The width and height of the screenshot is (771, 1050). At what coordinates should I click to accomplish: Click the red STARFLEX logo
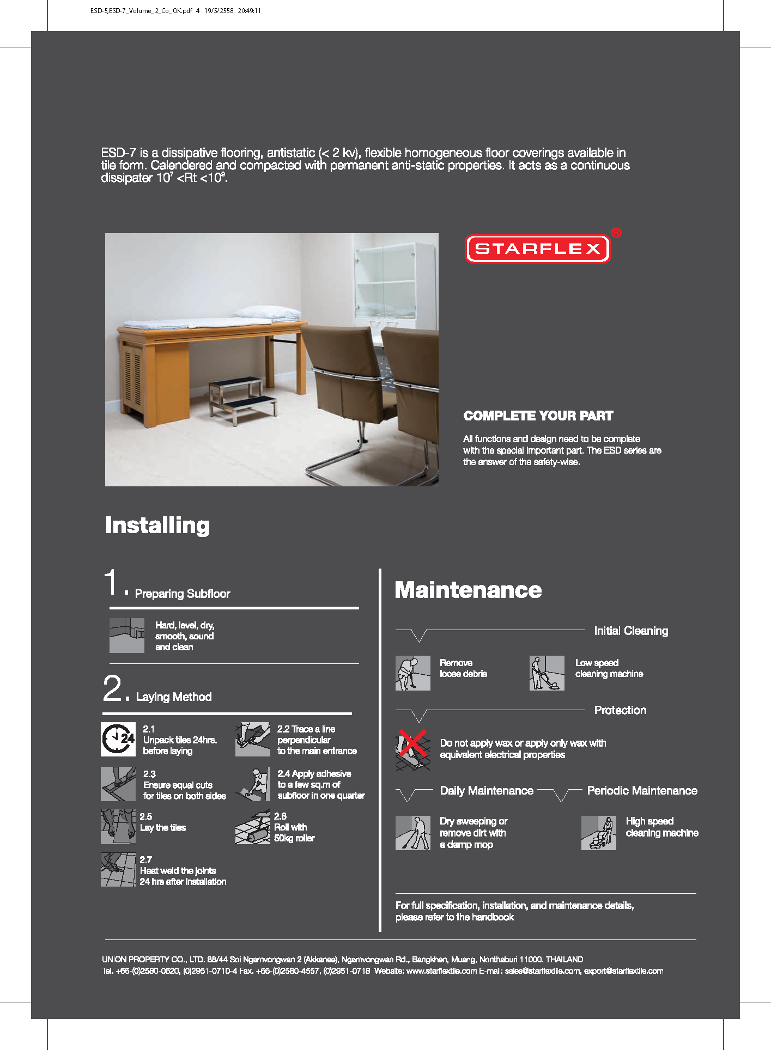click(538, 249)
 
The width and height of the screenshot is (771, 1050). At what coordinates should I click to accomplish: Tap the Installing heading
click(157, 526)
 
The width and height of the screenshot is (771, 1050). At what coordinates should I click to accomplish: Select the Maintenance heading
click(468, 590)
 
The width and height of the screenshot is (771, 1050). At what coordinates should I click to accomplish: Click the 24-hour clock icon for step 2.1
click(118, 739)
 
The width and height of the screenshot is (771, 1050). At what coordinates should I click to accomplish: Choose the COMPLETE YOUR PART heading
click(538, 416)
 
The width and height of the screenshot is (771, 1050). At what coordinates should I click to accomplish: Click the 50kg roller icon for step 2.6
click(253, 827)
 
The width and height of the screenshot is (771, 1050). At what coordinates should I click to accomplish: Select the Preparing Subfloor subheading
click(182, 594)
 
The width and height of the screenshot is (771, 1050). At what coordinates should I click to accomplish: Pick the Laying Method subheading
click(173, 697)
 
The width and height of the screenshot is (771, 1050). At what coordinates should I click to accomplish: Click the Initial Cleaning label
click(631, 631)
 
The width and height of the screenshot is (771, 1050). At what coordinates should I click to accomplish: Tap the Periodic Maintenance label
click(642, 791)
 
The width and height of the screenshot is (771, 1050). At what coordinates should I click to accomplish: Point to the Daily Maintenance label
click(487, 791)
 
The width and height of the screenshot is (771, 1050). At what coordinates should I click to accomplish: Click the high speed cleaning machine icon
click(598, 833)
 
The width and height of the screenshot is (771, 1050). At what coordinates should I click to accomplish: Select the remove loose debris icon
click(412, 673)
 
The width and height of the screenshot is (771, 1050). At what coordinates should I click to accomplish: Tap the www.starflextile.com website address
click(441, 971)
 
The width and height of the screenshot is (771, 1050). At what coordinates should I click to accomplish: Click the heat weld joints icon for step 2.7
click(118, 870)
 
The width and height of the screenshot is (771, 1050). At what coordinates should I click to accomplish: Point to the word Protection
click(620, 710)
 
